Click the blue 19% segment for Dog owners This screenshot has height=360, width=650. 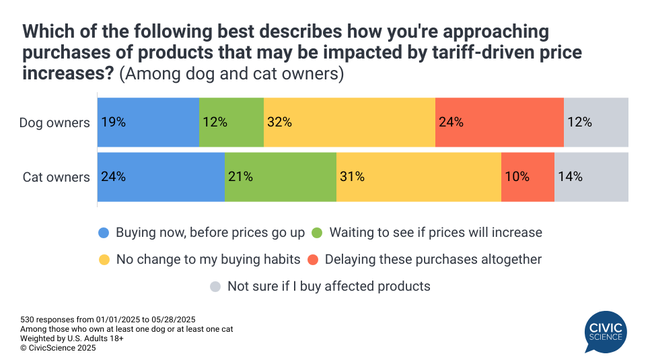pos(148,122)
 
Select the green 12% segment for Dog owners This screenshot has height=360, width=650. pos(231,122)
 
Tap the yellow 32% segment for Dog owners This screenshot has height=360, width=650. pos(349,122)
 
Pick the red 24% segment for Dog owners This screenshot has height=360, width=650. pos(499,122)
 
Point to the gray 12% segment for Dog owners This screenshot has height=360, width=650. pos(595,122)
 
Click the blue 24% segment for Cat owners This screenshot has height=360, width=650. pos(161,177)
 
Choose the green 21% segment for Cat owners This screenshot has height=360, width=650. pos(280,177)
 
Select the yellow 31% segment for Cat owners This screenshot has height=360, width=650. pos(419,177)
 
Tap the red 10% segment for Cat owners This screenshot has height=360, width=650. pos(528,177)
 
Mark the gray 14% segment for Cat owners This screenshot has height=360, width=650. pos(591,177)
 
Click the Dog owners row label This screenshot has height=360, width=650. pos(55,122)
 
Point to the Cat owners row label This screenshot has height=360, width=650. pos(56,177)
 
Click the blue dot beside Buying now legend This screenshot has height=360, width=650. pos(104,233)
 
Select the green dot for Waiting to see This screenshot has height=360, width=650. pos(317,233)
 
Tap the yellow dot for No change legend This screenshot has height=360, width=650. pos(104,259)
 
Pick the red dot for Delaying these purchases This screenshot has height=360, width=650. pos(312,259)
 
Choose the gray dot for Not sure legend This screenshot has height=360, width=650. pos(215,286)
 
